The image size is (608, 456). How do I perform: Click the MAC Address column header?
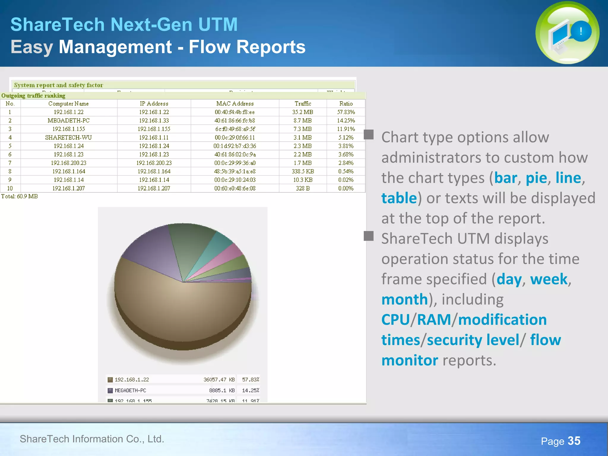(x=235, y=104)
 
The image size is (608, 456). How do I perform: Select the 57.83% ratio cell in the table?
(x=346, y=112)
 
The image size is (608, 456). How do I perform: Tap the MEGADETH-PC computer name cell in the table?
(x=69, y=121)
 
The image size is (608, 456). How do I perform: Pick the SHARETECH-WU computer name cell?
(x=69, y=137)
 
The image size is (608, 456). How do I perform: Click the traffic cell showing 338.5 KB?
(x=303, y=171)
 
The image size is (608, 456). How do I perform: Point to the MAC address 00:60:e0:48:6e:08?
(x=235, y=188)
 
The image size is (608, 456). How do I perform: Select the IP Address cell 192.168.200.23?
(x=154, y=163)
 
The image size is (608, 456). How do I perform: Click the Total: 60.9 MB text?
(x=20, y=197)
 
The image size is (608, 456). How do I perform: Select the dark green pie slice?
(x=190, y=243)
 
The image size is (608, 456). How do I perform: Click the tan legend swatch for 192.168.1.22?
(x=110, y=380)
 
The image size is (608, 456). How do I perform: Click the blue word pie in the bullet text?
(x=536, y=178)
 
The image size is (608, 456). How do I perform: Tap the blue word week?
(x=549, y=279)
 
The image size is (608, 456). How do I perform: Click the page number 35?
(x=574, y=441)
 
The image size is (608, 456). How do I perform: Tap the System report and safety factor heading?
(x=58, y=85)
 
